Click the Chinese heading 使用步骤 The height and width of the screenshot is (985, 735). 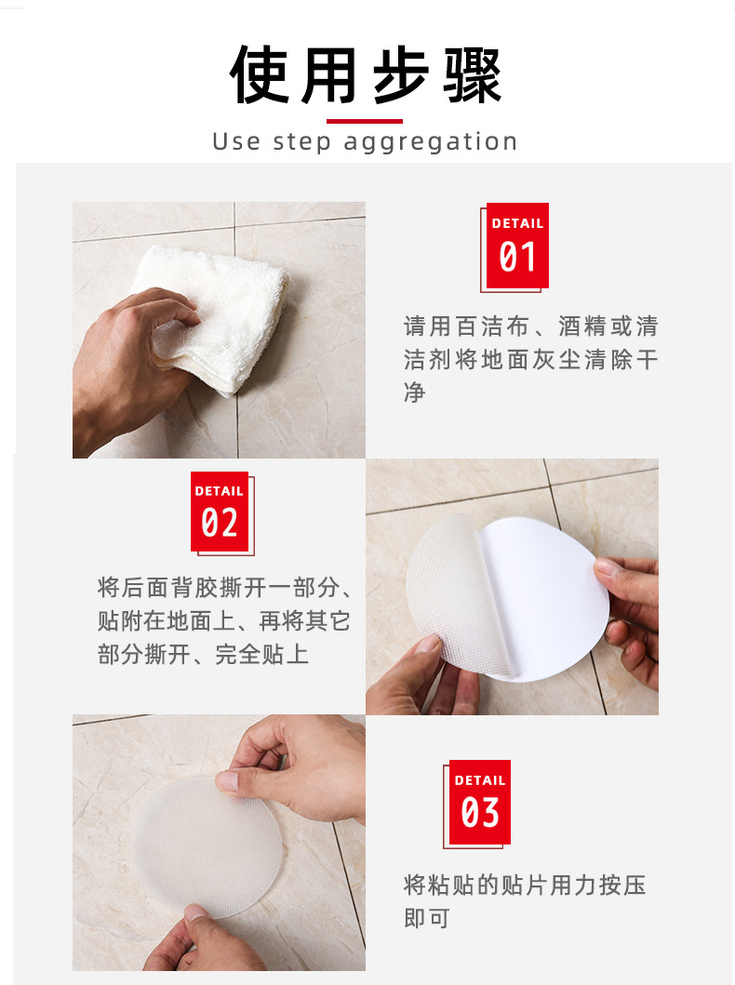[x=367, y=74]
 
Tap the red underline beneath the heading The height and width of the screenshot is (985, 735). [x=365, y=121]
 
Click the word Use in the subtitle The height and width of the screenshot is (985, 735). [x=236, y=142]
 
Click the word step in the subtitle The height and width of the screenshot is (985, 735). [x=302, y=142]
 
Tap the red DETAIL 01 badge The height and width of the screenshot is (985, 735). [x=517, y=246]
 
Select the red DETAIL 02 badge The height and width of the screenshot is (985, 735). [x=220, y=512]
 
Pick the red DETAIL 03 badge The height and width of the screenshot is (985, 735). [x=479, y=802]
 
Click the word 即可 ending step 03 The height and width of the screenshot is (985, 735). [x=427, y=919]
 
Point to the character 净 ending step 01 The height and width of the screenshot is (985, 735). [x=415, y=393]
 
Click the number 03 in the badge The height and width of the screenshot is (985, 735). [x=480, y=814]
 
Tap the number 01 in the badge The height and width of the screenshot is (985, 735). [x=517, y=258]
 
